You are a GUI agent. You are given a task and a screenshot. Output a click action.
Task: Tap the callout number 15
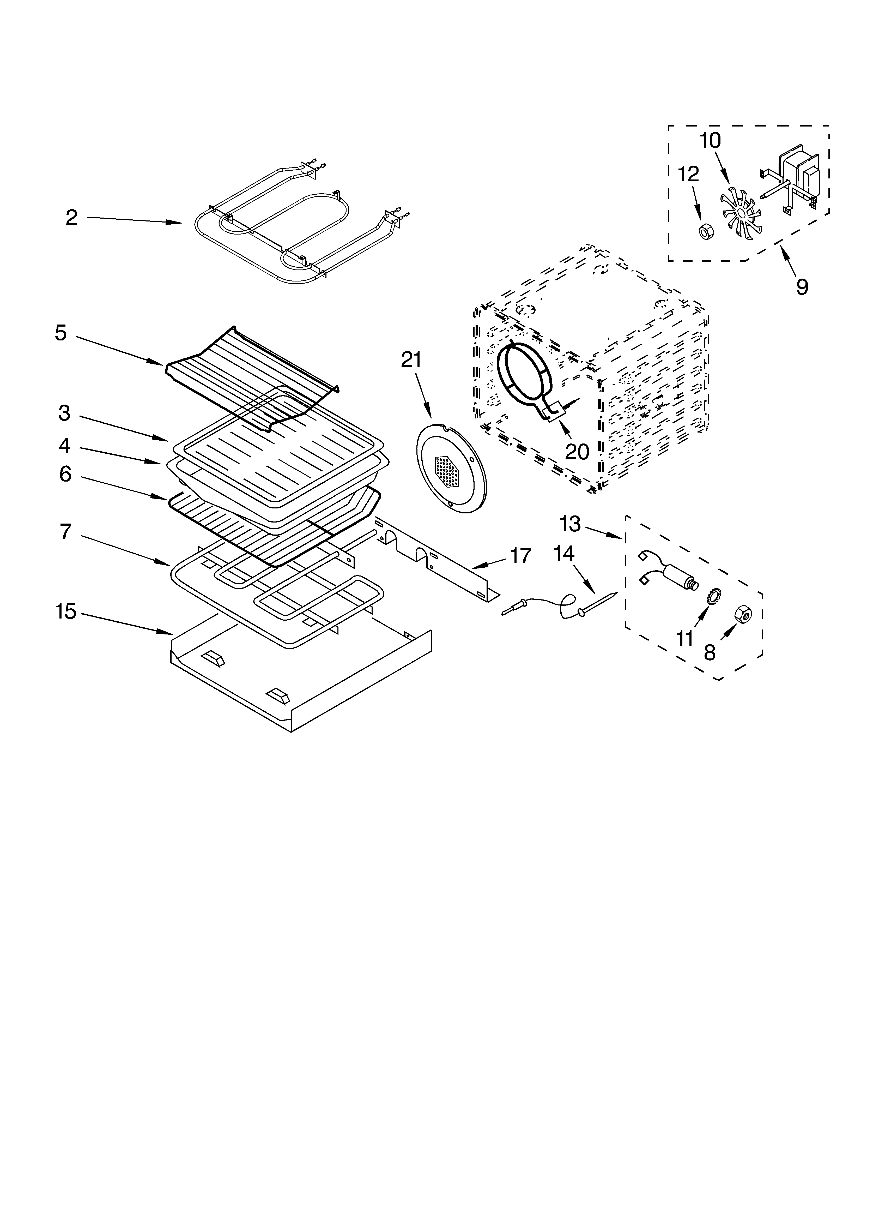(x=66, y=611)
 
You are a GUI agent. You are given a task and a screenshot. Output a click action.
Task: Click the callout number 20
(x=577, y=452)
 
